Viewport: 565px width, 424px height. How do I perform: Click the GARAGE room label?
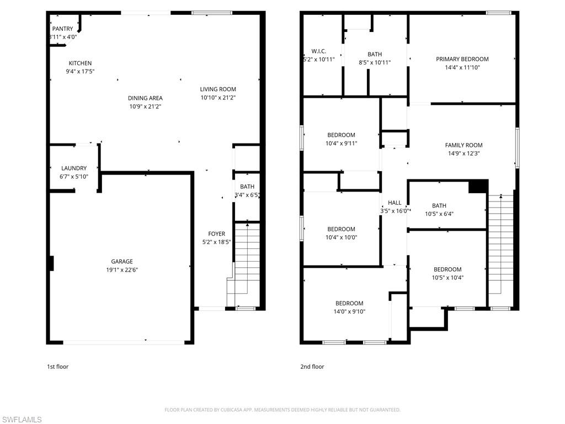tap(121, 262)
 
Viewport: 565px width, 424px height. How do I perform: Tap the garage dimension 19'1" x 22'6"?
tap(121, 270)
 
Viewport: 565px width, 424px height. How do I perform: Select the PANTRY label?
tap(62, 29)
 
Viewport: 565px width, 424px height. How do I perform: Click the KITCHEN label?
tap(80, 63)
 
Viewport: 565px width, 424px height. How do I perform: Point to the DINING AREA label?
tap(145, 98)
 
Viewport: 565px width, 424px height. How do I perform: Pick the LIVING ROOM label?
tap(218, 89)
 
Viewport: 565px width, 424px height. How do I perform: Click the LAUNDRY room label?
tap(73, 168)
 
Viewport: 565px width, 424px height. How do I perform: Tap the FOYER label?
tap(216, 234)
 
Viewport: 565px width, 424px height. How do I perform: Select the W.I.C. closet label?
tap(319, 51)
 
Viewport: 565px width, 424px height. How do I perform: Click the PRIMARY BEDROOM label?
tap(462, 59)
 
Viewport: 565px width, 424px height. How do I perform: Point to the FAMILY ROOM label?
tap(463, 145)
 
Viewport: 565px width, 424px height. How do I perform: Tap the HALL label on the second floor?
tap(395, 203)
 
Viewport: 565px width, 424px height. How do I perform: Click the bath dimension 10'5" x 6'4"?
tap(439, 214)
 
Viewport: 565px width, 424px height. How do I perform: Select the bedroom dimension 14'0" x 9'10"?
tap(349, 311)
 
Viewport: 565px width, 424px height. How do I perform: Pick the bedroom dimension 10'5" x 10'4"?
tap(447, 278)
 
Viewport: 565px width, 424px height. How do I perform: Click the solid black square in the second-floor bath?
tap(477, 187)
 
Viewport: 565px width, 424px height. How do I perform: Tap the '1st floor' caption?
tap(57, 367)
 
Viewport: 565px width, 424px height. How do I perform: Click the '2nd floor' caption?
tap(312, 367)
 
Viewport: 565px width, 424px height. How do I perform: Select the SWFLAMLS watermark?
tap(22, 420)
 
